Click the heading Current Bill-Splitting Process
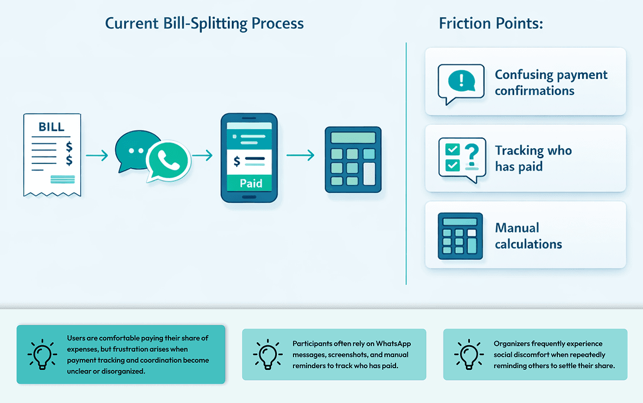click(204, 24)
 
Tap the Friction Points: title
click(491, 24)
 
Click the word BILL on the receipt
click(51, 127)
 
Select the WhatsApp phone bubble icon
click(169, 160)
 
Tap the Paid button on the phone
click(250, 183)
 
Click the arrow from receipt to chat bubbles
click(97, 156)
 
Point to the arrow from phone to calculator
click(300, 156)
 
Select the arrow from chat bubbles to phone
click(202, 156)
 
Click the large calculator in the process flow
click(353, 159)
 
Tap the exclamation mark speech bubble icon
click(461, 83)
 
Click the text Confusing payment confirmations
click(550, 83)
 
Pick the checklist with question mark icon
click(462, 158)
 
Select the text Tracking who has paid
click(533, 158)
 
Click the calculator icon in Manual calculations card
click(460, 236)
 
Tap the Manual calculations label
click(528, 236)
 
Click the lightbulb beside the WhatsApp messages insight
click(267, 354)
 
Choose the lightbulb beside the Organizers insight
click(469, 354)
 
